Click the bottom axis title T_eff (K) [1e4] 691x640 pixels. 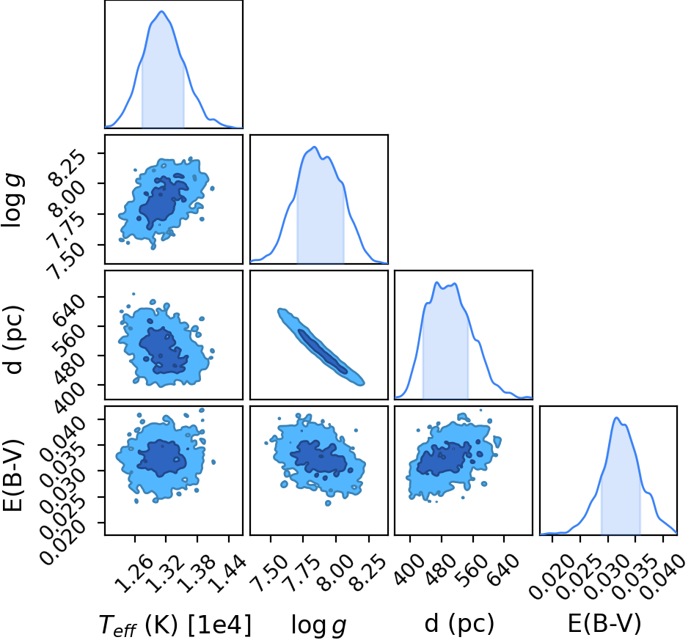pos(175,625)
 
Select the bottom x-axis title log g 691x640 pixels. pos(318,625)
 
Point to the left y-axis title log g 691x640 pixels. pos(12,200)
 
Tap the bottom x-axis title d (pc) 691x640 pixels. pos(459,624)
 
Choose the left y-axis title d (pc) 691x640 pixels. pos(13,339)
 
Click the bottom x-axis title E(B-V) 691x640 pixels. pos(604,624)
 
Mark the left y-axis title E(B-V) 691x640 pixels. pos(12,475)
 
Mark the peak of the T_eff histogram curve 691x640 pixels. pos(161,12)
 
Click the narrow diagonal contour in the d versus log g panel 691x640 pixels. pos(321,347)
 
